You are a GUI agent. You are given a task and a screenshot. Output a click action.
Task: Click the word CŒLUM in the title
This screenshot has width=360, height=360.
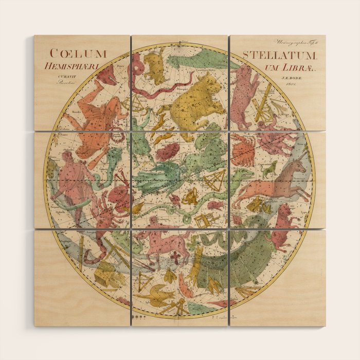(78, 53)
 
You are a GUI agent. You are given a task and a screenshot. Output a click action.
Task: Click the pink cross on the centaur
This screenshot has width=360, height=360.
(176, 258)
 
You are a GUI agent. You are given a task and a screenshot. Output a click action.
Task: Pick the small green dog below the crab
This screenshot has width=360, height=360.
(269, 169)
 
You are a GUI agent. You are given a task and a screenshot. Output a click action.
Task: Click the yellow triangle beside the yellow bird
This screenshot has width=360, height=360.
(145, 281)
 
